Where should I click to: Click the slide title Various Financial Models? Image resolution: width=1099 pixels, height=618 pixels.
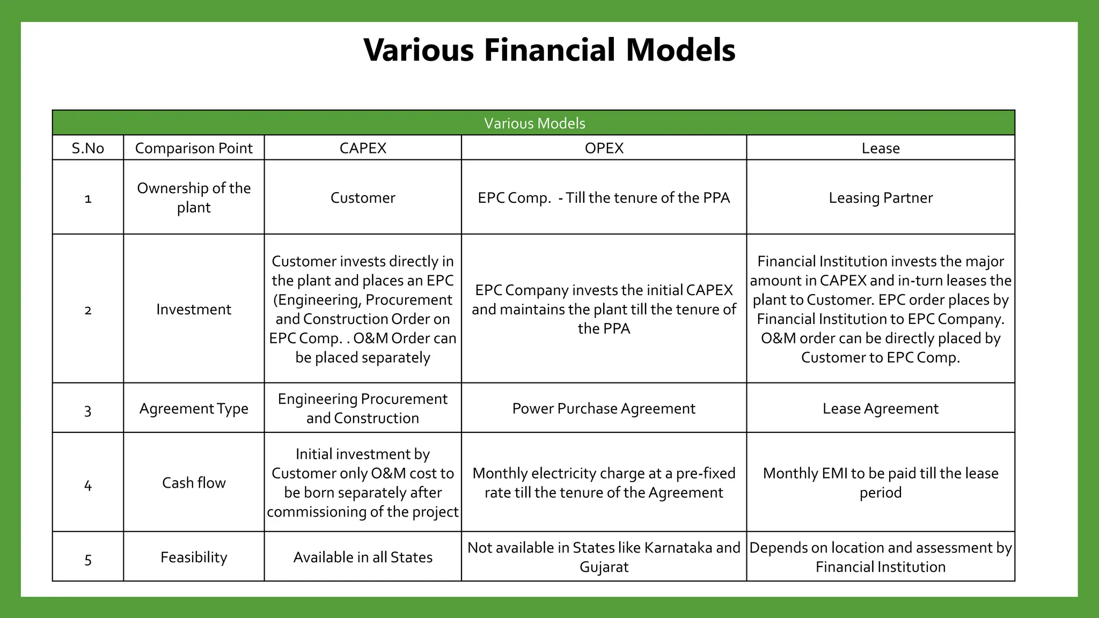point(549,50)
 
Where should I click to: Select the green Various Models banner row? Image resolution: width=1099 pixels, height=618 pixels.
point(534,123)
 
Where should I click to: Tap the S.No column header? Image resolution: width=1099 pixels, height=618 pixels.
point(88,148)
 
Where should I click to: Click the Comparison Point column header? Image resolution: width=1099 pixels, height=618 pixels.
point(194,148)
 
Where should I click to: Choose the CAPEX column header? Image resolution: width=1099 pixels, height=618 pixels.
point(363,148)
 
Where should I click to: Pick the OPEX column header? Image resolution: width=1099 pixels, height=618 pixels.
point(604,148)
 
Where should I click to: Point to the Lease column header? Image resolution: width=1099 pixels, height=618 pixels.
point(881,148)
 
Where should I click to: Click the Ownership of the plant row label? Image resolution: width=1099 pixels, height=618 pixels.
point(194,197)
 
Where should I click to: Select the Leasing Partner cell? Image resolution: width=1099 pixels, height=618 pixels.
point(881,197)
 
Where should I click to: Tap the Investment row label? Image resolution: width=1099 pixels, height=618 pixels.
point(194,309)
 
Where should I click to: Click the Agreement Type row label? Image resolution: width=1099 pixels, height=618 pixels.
point(194,408)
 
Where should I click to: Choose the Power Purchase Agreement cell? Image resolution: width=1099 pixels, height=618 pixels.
point(604,408)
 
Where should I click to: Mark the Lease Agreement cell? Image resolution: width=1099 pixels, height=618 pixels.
point(881,408)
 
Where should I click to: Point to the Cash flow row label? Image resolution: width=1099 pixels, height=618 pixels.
point(194,483)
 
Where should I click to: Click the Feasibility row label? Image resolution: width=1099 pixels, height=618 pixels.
point(194,557)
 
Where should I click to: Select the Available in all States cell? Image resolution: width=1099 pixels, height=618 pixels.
point(363,557)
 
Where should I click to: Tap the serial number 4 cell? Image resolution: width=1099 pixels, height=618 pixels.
point(88,485)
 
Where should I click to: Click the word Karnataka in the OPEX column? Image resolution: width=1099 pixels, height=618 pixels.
point(678,547)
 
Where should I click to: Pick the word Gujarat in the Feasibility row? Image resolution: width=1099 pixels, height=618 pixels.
point(604,566)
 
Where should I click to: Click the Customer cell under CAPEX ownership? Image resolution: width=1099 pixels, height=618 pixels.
point(363,197)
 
